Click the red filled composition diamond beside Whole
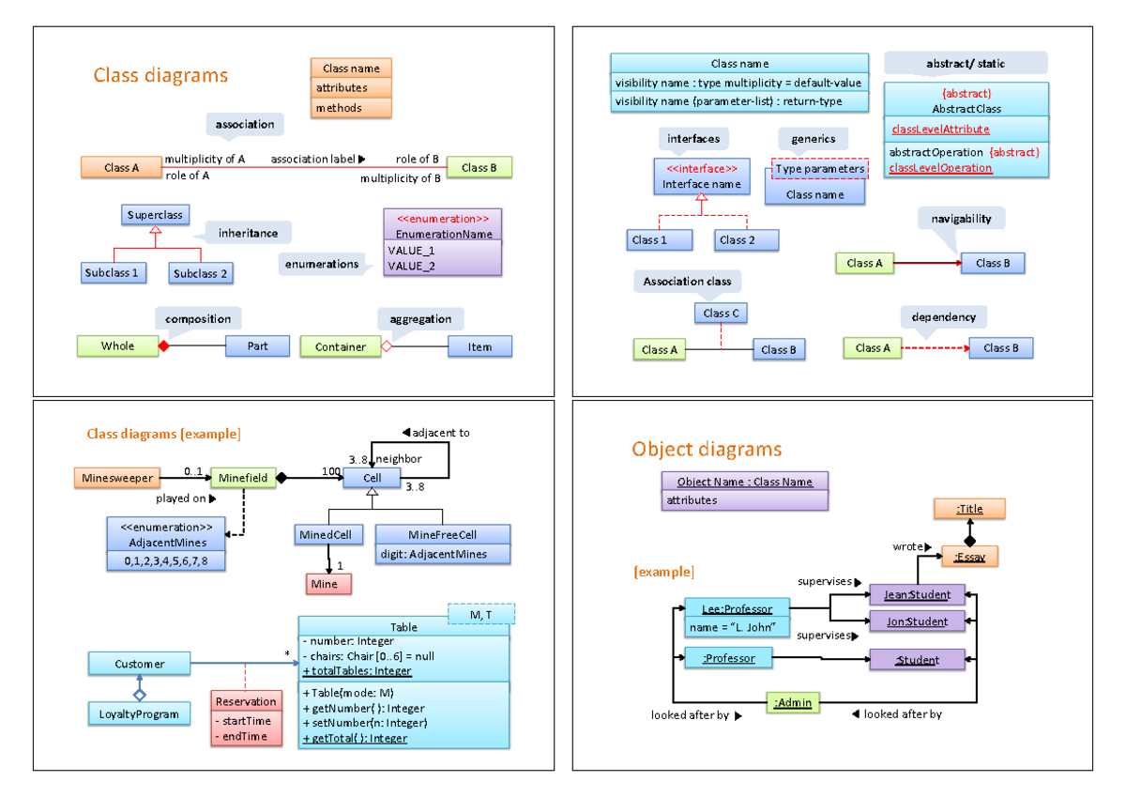click(163, 346)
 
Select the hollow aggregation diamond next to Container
click(386, 346)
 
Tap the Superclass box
click(156, 215)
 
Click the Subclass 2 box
click(201, 273)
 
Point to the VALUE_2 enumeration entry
click(411, 266)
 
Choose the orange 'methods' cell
click(350, 108)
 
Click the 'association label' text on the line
click(313, 159)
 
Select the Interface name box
click(701, 176)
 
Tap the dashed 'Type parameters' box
click(819, 169)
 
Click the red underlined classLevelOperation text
click(940, 167)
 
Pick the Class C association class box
click(721, 313)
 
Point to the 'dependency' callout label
click(943, 317)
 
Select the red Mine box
click(328, 584)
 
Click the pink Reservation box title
click(246, 701)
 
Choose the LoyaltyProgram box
click(139, 714)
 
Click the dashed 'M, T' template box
click(482, 614)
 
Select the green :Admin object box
click(792, 702)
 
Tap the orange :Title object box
click(969, 509)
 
